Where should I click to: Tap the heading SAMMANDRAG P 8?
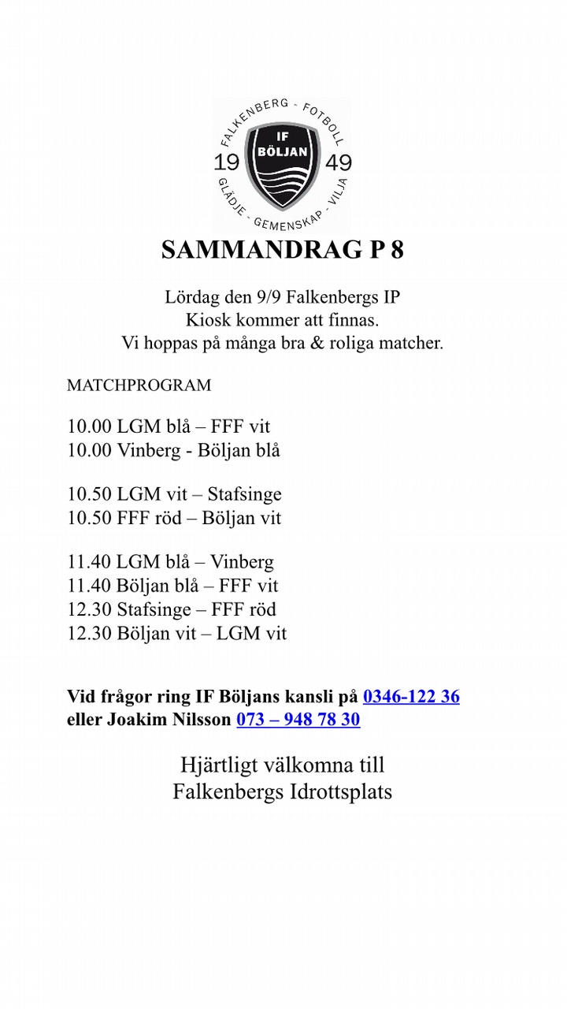283,249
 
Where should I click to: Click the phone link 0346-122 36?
411,697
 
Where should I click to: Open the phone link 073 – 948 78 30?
298,720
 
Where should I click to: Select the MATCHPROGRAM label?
139,385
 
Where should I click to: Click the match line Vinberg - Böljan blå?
173,451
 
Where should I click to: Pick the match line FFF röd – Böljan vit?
174,518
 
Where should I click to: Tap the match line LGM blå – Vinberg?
171,562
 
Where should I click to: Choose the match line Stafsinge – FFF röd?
172,609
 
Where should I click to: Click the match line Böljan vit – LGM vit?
177,633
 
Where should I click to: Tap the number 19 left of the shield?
227,163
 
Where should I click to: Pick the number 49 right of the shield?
339,163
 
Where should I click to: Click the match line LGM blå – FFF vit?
169,427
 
